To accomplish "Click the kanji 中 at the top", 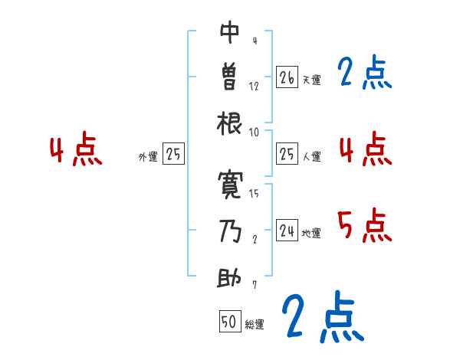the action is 230,33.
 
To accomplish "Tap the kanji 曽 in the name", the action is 230,77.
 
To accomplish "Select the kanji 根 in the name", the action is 230,123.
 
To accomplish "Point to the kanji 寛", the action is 230,184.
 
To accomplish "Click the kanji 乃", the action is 230,230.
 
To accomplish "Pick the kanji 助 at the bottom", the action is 230,276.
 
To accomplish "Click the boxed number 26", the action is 287,77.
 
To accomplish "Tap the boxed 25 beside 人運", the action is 287,154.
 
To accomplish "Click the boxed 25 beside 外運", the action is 173,155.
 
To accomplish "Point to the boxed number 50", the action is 229,322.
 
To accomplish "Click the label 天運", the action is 310,80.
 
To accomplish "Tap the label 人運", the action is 310,156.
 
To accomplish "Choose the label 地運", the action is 310,233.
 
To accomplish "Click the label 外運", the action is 147,157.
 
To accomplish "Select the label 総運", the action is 254,325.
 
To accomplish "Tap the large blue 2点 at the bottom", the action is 322,316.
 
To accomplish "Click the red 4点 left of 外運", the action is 75,150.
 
